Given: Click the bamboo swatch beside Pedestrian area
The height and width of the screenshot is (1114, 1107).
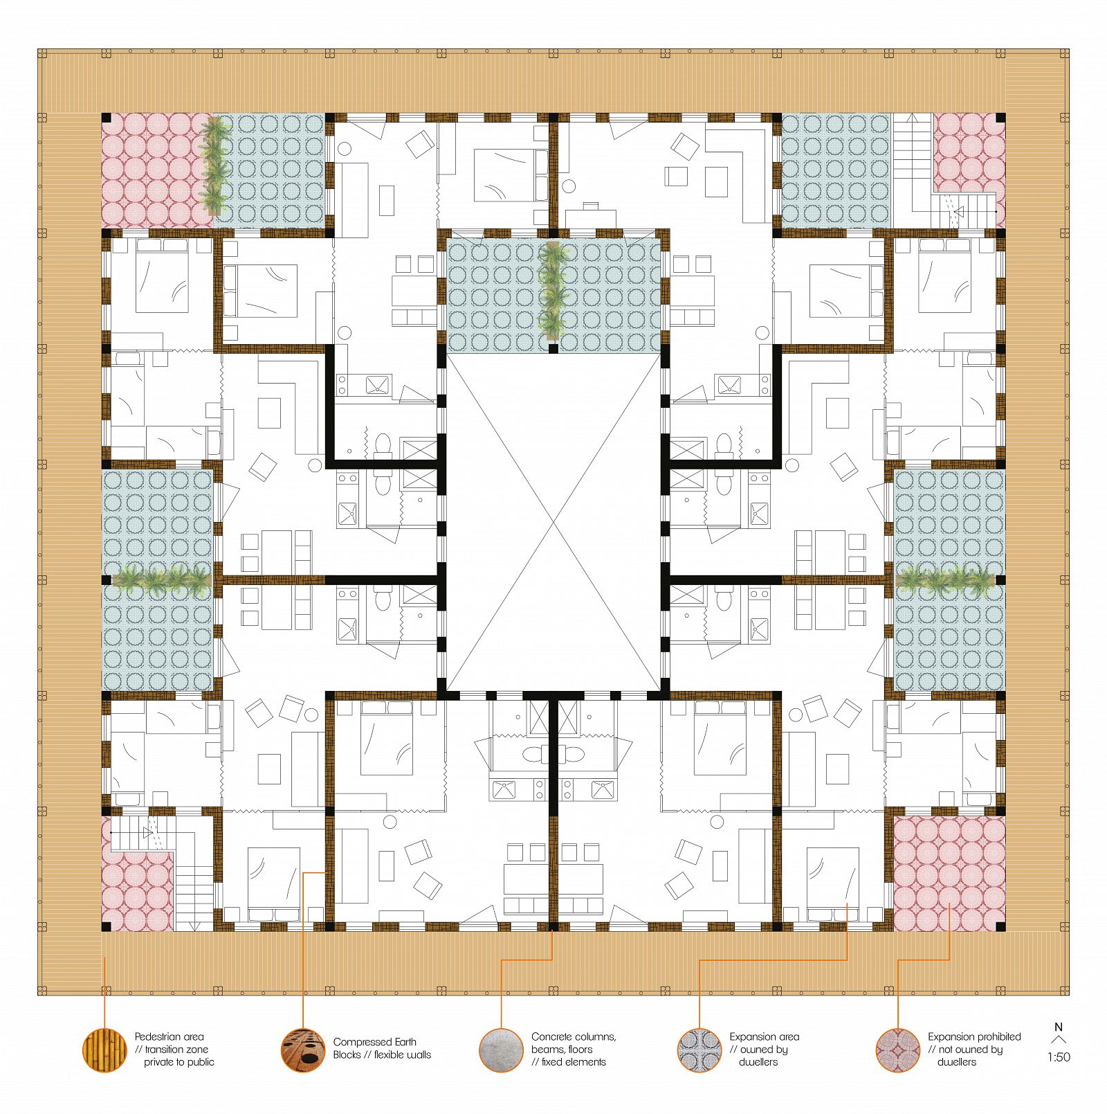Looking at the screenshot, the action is (104, 1050).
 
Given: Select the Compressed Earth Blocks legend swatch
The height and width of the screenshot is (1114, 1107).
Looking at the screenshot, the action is (303, 1050).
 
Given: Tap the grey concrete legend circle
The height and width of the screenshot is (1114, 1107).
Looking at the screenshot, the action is (501, 1050).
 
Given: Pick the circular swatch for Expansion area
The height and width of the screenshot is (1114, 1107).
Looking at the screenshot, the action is (699, 1050).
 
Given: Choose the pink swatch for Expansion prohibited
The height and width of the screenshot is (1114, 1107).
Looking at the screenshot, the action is (897, 1050).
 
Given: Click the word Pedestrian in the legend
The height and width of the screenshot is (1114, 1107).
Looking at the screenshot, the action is (159, 1036).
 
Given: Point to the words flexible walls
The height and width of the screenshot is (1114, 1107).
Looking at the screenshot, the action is (403, 1054).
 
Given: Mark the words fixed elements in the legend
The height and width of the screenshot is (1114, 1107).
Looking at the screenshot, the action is (574, 1061).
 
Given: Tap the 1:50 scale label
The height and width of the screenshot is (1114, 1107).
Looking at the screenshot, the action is (1059, 1057).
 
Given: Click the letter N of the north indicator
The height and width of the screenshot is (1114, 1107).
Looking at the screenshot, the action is (1059, 1027).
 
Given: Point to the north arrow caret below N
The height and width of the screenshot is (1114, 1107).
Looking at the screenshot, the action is (1059, 1039).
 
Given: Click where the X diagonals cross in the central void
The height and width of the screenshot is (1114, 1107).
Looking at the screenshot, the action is (553, 523).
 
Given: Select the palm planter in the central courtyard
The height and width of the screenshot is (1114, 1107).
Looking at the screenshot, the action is (552, 291).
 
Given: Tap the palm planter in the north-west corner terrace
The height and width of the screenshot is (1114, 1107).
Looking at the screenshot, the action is (214, 164).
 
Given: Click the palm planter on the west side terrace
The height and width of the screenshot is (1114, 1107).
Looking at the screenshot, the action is (161, 581).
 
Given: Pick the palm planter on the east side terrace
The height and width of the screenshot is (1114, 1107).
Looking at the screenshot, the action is (946, 580).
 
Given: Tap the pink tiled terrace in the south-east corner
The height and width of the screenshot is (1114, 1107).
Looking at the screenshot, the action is (949, 873).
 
